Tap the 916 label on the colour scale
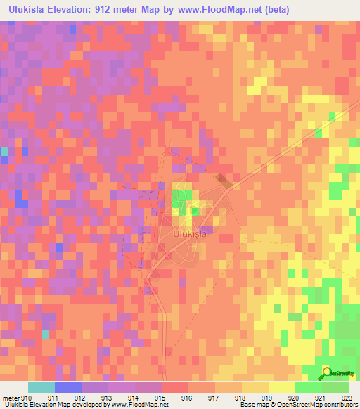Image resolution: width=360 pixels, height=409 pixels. pyautogui.click(x=187, y=398)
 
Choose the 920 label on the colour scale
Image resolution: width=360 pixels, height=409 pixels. pyautogui.click(x=295, y=398)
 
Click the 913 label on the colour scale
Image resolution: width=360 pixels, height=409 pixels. pyautogui.click(x=107, y=398)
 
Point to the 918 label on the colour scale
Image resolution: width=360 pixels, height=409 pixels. pyautogui.click(x=240, y=398)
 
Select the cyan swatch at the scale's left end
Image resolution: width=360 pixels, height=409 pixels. pyautogui.click(x=41, y=387)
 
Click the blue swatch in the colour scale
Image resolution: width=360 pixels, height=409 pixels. pyautogui.click(x=67, y=387)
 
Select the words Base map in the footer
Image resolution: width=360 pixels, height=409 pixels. pyautogui.click(x=252, y=405)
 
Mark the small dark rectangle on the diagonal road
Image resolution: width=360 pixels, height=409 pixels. pyautogui.click(x=224, y=181)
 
